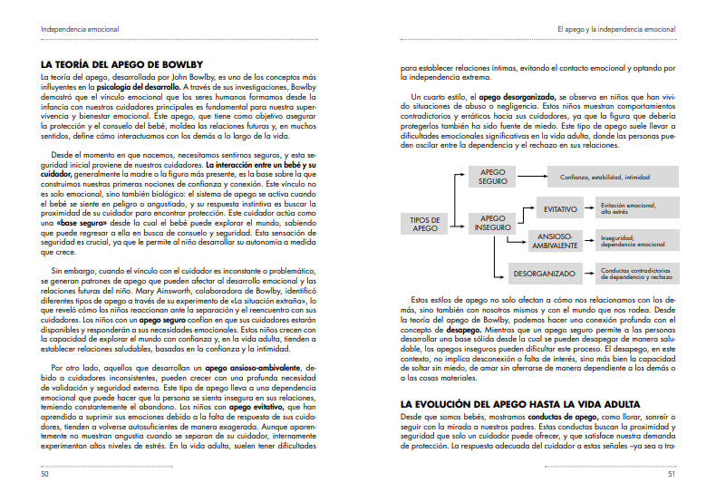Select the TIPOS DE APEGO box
tap(425, 224)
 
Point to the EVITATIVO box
tap(561, 209)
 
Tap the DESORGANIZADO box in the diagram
tap(544, 273)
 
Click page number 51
tap(671, 473)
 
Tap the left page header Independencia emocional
tap(81, 29)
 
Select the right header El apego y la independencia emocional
tap(615, 29)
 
